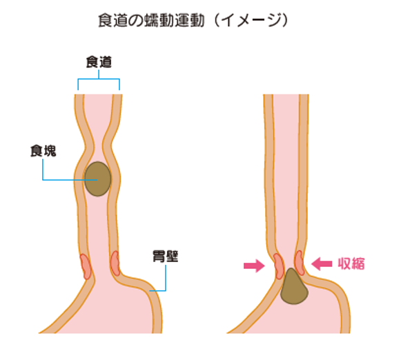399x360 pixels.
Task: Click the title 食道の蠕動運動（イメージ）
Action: tap(193, 21)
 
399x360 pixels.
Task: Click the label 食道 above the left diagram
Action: tap(99, 62)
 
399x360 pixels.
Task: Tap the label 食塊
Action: tap(43, 151)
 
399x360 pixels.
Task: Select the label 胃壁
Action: tap(166, 256)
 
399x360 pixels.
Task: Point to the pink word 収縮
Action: tap(351, 263)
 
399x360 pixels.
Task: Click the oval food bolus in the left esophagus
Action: tap(98, 179)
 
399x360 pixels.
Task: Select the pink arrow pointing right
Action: tap(254, 266)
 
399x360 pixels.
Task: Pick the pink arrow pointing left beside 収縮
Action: tap(322, 264)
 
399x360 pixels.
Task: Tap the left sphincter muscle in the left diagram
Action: tap(86, 266)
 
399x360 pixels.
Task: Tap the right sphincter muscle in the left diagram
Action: tap(115, 263)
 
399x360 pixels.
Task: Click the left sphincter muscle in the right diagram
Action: tap(279, 266)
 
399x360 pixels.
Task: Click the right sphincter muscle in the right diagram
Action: tap(300, 263)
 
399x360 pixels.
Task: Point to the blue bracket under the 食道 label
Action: tap(99, 79)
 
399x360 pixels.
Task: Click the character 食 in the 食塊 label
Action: tap(37, 151)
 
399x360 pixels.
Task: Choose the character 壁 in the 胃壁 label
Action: tap(172, 256)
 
